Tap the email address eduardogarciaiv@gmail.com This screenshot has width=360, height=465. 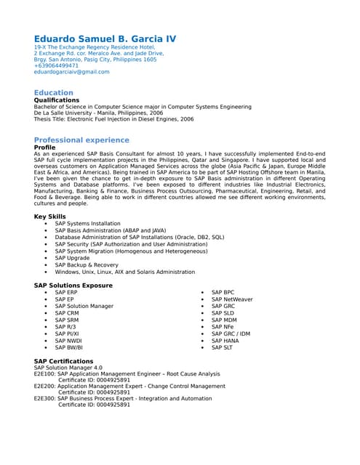tap(72, 72)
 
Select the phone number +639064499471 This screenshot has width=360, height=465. tap(56, 65)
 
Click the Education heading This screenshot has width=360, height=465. tap(54, 92)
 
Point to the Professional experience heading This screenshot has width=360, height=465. tap(81, 139)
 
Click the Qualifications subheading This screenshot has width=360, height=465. tap(62, 100)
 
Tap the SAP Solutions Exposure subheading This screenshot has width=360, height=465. tap(73, 286)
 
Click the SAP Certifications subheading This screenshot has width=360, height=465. tap(64, 361)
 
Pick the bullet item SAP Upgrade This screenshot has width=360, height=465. tap(72, 258)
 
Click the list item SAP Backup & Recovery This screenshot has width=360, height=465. tap(86, 265)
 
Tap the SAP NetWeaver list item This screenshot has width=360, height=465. tap(232, 299)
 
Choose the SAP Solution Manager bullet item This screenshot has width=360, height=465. tap(84, 306)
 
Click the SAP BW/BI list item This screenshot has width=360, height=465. tap(68, 347)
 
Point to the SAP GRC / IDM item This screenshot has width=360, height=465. tap(231, 333)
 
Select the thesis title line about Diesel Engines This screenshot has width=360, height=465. tap(113, 119)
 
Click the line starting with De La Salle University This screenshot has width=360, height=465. tap(98, 113)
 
